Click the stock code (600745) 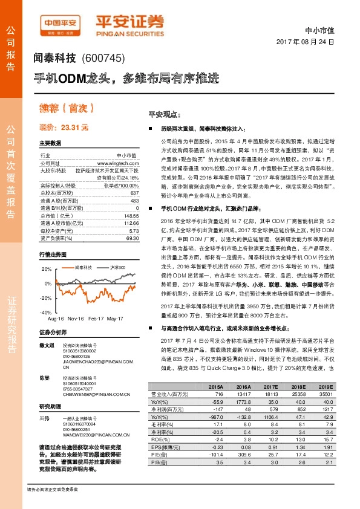102,59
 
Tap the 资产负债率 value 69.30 133,239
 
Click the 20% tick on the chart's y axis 46,268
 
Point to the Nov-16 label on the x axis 75,317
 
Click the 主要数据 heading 50,143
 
